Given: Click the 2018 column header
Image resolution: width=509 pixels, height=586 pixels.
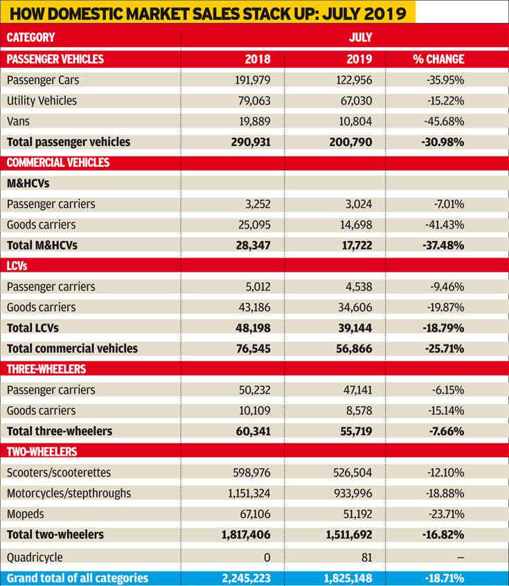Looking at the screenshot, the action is point(258,59).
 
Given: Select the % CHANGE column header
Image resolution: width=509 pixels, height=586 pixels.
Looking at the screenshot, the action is point(439,59).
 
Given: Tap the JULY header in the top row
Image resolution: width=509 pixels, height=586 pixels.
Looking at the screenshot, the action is point(361,37).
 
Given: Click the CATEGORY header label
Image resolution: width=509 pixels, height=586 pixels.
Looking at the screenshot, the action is point(30,37).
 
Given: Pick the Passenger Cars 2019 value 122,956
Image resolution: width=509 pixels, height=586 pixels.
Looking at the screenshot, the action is point(354,80).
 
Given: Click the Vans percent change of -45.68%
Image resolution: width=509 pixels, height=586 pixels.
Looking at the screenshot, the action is point(444,121).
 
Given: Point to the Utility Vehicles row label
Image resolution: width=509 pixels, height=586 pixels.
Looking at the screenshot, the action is point(42,100).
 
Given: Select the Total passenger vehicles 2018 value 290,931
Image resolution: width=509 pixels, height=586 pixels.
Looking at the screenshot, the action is point(251,142).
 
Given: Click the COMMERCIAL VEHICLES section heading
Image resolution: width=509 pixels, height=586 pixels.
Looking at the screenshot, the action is point(58,163).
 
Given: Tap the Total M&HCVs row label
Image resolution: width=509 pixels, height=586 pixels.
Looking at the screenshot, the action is point(42,245).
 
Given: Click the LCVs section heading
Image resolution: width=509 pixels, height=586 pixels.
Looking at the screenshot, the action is point(17,266).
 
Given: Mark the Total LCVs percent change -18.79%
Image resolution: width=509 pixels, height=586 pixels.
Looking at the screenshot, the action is point(444,328).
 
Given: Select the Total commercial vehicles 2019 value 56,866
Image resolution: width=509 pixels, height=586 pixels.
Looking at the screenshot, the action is point(354,348).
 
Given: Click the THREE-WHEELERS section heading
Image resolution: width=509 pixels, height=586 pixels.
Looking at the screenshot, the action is point(46,369).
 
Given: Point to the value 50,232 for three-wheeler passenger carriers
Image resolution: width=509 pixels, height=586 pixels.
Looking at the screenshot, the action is point(255,390).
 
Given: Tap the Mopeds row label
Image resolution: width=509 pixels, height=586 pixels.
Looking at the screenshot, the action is point(26,514).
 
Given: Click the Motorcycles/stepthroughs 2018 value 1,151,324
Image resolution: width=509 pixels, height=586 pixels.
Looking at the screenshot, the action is point(249,493).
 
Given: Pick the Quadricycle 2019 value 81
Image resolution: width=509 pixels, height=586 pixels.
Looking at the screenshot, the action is point(367,557).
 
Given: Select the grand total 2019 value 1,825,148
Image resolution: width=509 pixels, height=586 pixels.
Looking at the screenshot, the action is point(348,578).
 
